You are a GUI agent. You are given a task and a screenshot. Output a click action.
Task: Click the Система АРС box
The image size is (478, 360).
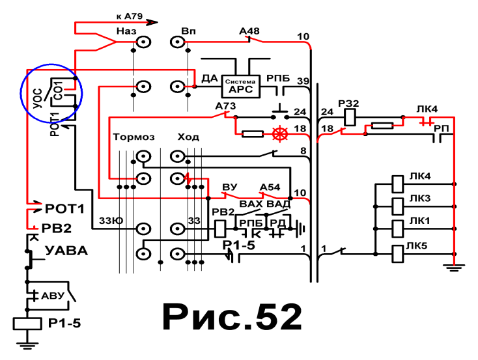pos(240,87)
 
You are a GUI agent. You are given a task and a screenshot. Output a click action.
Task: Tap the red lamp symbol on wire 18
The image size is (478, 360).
pos(279,134)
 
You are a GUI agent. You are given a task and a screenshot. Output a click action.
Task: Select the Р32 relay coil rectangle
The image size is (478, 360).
pos(350,117)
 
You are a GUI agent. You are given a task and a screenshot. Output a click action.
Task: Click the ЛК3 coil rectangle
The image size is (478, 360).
pos(397,206)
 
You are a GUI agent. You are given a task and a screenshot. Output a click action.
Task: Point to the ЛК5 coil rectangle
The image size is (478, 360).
pos(397,254)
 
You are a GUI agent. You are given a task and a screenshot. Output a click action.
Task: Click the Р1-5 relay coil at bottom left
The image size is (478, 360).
pos(27,324)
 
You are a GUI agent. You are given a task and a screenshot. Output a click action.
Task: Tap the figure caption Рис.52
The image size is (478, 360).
pos(232,317)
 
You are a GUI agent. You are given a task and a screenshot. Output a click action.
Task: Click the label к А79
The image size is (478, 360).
pos(129,16)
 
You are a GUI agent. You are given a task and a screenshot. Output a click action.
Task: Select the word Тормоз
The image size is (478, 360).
pos(134,137)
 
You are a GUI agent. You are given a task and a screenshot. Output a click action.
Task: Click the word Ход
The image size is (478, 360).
pos(188,137)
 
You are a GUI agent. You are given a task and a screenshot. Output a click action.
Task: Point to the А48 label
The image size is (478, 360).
pos(249,31)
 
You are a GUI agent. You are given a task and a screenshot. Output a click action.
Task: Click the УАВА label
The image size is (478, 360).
pos(66,251)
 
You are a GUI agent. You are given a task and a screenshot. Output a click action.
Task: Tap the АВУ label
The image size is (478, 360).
pos(53,296)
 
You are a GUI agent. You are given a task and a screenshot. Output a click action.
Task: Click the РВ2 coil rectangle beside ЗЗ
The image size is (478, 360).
pos(220,229)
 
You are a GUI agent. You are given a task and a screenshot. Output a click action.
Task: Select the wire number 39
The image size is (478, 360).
pos(303,81)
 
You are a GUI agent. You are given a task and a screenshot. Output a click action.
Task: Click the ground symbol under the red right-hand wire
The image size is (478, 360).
pos(454,268)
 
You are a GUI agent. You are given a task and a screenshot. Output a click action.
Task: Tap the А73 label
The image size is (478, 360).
pos(225,106)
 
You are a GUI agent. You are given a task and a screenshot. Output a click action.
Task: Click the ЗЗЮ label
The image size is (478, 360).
pos(111,221)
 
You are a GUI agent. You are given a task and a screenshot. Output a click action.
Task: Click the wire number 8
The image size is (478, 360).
pos(303,151)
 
